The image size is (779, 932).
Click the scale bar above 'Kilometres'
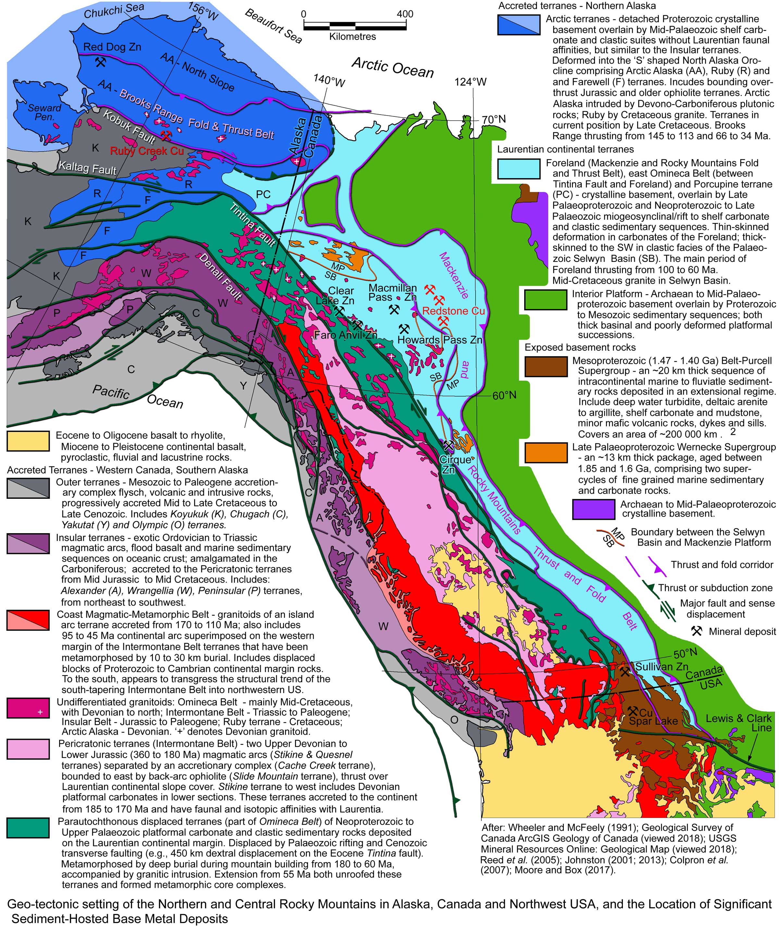point(353,25)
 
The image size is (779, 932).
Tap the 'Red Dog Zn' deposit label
point(112,47)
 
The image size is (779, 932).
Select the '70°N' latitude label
point(494,119)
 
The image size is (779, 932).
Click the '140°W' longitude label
point(329,80)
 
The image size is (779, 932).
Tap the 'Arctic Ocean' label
point(392,67)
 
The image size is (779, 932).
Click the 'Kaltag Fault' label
point(87,168)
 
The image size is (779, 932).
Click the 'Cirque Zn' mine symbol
point(448,444)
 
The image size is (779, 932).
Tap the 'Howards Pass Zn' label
point(439,340)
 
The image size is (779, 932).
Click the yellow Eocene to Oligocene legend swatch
point(28,441)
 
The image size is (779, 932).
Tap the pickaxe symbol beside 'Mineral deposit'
point(696,631)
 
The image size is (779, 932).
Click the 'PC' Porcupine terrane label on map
point(263,194)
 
